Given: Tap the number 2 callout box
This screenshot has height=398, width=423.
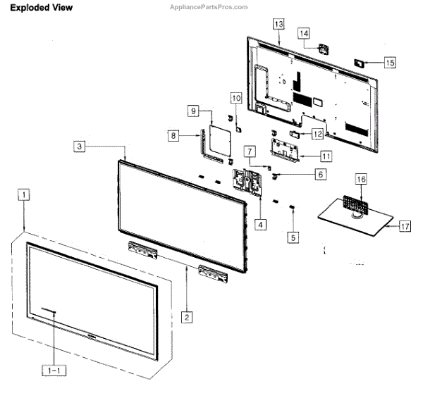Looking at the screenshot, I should click(x=186, y=317).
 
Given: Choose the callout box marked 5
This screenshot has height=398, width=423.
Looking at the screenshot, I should click(x=293, y=237).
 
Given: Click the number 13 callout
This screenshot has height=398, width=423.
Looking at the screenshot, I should click(x=278, y=24).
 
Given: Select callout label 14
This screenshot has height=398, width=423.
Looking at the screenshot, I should click(x=304, y=33).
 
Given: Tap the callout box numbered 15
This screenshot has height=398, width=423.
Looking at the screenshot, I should click(x=390, y=62).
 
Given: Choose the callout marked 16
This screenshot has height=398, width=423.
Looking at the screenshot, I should click(x=360, y=180).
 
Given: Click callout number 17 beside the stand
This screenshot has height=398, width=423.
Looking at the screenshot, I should click(x=405, y=227).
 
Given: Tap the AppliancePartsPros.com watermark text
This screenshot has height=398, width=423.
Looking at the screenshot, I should click(x=210, y=6).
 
